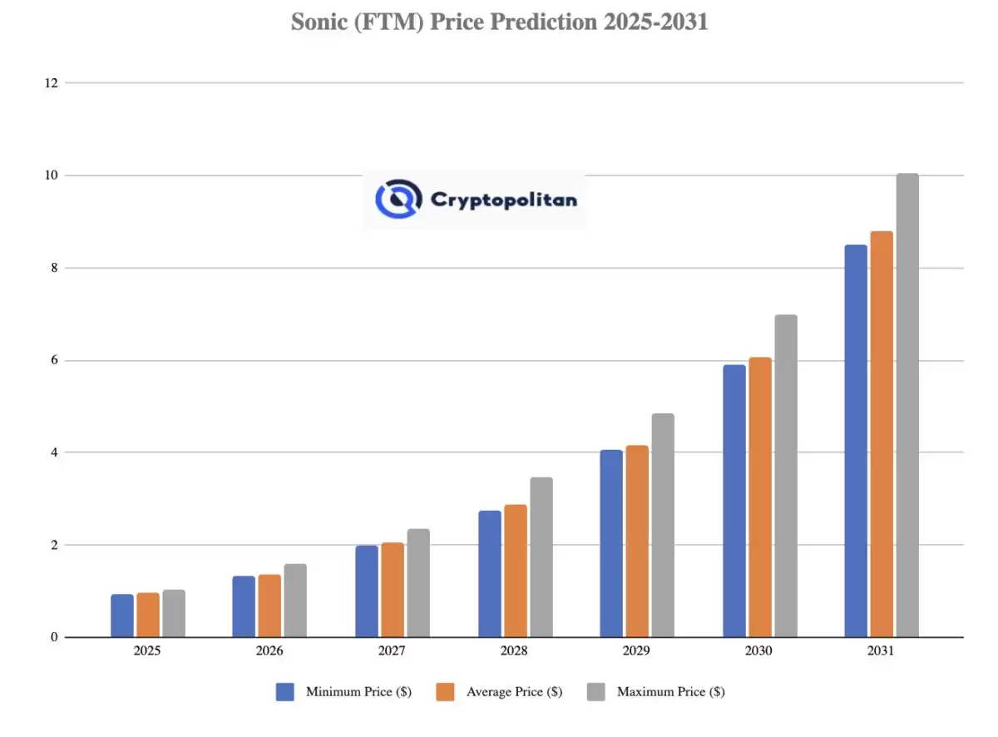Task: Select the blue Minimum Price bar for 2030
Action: pyautogui.click(x=734, y=501)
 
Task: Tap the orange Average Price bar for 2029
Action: pyautogui.click(x=637, y=542)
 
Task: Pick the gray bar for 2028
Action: pyautogui.click(x=541, y=557)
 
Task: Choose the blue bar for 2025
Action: pyautogui.click(x=122, y=616)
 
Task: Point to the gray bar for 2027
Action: pyautogui.click(x=418, y=583)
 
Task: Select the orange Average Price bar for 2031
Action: pyautogui.click(x=882, y=434)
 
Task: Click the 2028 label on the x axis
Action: pyautogui.click(x=514, y=651)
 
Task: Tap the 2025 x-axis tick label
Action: pyautogui.click(x=147, y=651)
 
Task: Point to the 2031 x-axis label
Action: pyautogui.click(x=881, y=651)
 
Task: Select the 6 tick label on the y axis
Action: pyautogui.click(x=53, y=360)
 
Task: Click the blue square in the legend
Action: pyautogui.click(x=285, y=692)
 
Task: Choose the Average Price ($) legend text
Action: pyautogui.click(x=514, y=692)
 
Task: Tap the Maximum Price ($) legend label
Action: pyautogui.click(x=670, y=692)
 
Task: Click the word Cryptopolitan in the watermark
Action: pyautogui.click(x=503, y=200)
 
